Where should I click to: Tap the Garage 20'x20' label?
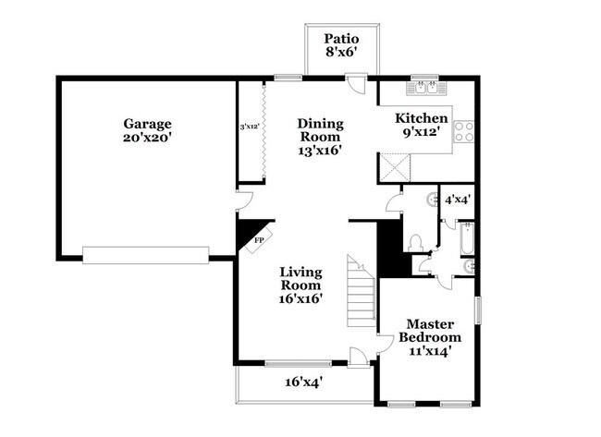point(147,130)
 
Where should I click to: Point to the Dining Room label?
point(320,137)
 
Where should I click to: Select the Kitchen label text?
point(422,126)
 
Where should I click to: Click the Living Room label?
point(301,285)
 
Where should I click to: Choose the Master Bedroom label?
point(434,337)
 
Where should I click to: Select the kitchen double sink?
point(426,89)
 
